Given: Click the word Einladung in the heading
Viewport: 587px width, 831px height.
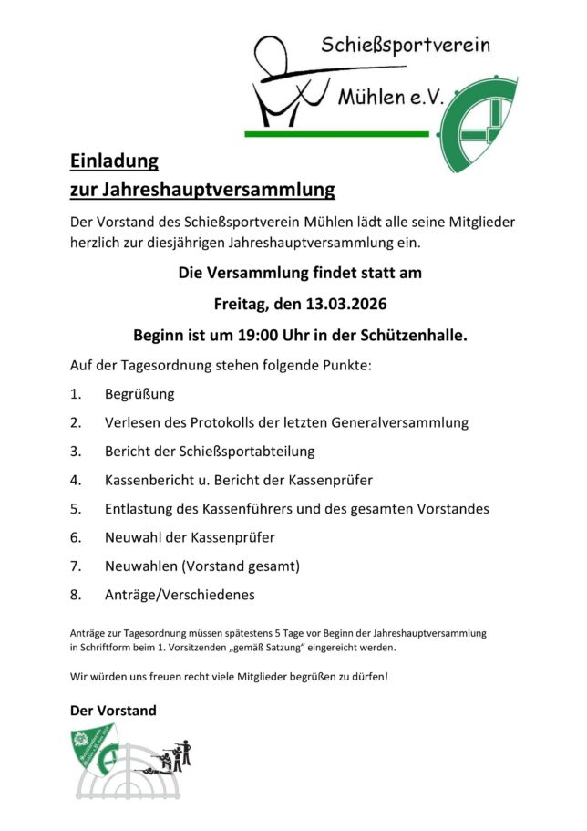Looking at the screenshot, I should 114,161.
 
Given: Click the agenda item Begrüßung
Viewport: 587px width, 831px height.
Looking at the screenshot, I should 139,395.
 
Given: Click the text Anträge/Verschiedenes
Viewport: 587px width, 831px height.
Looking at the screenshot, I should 180,594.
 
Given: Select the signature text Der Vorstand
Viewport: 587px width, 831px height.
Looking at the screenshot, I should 113,710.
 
